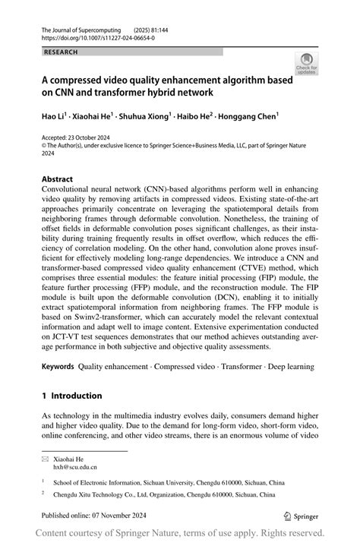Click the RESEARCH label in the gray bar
point(62,52)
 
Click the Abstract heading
point(58,180)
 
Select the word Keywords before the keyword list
point(58,367)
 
